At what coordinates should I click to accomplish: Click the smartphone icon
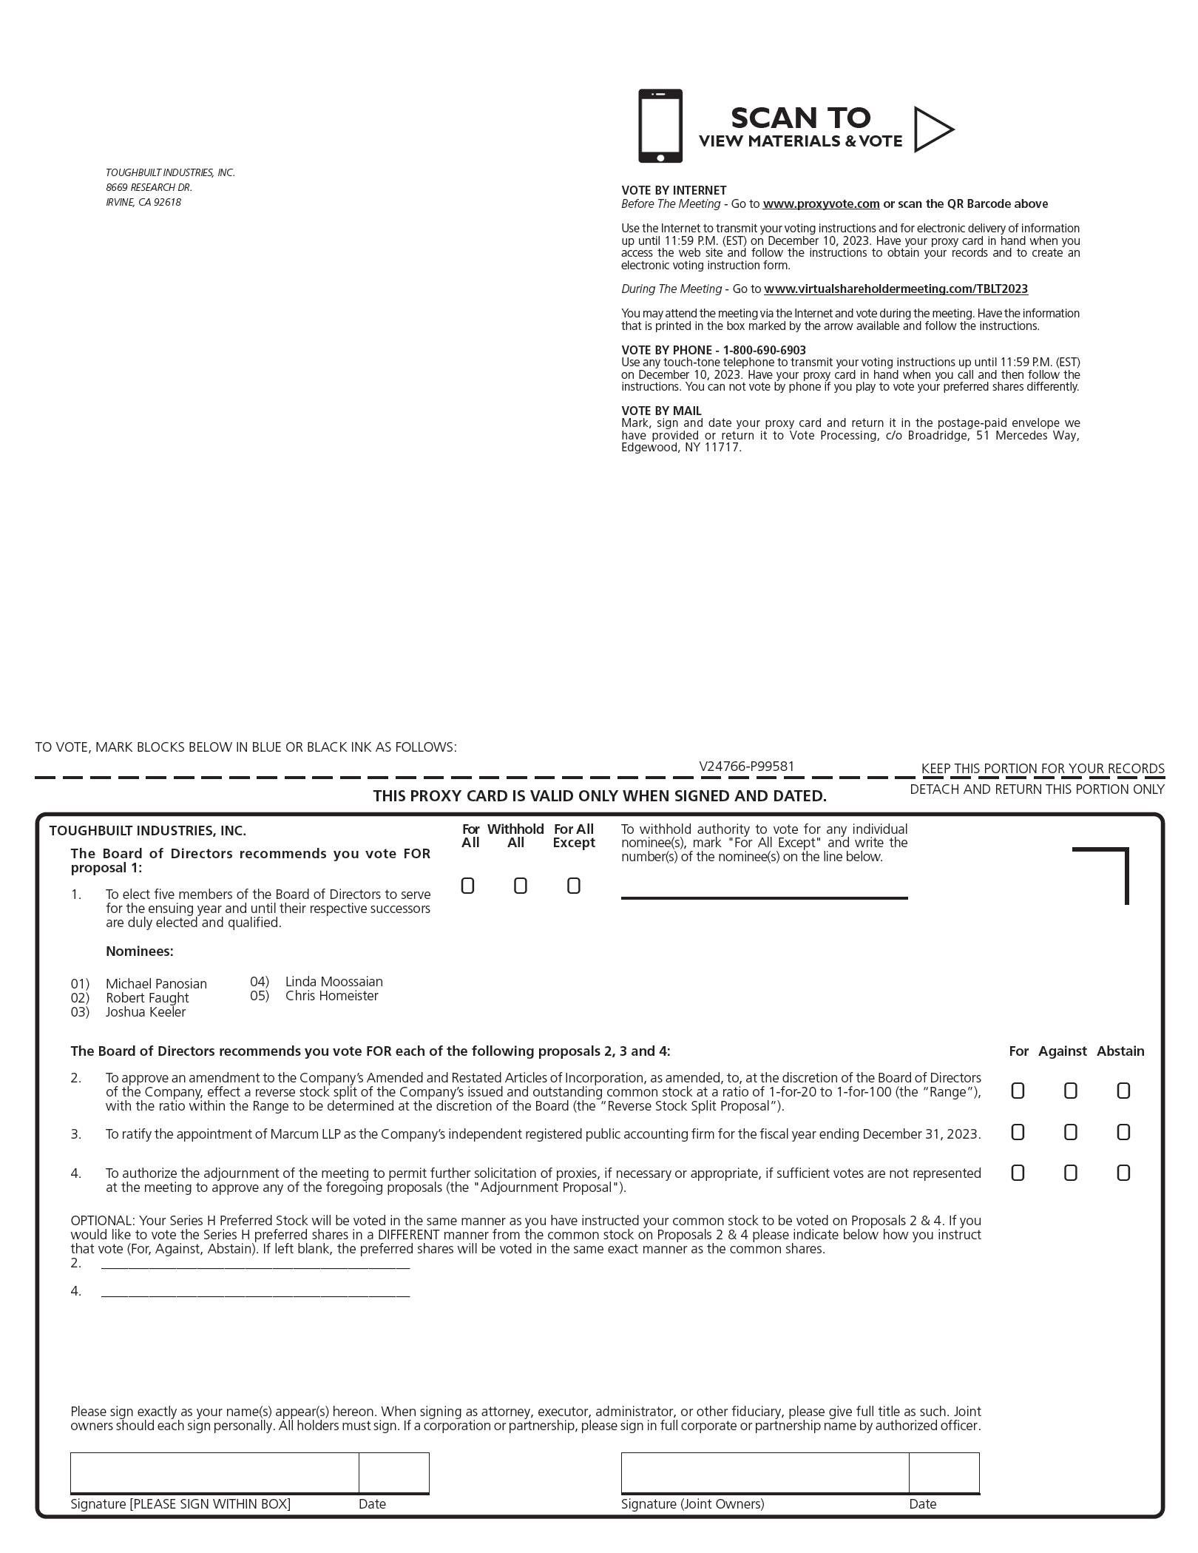pos(660,126)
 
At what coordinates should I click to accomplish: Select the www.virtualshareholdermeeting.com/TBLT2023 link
pos(896,289)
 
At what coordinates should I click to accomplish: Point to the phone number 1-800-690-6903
pos(764,350)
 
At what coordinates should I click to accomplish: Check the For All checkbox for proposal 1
pos(467,886)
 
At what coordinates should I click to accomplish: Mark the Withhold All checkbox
pos(521,886)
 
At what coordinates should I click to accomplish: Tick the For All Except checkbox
pos(574,886)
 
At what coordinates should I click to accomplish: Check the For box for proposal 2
pos(1018,1091)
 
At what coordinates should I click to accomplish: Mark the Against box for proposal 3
pos(1070,1132)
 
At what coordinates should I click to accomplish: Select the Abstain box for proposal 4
pos(1123,1173)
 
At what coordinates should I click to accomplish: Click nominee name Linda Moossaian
pos(334,982)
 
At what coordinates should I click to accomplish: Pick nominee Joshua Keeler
pos(146,1012)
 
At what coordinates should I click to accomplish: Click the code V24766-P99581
pos(747,767)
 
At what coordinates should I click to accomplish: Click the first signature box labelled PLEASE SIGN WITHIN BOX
pos(214,1472)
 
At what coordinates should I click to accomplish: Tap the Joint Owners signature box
pos(765,1472)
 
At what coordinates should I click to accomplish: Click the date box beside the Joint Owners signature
pos(944,1472)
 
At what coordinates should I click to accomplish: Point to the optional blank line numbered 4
pos(255,1291)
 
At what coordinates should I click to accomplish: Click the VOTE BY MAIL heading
pos(661,411)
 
